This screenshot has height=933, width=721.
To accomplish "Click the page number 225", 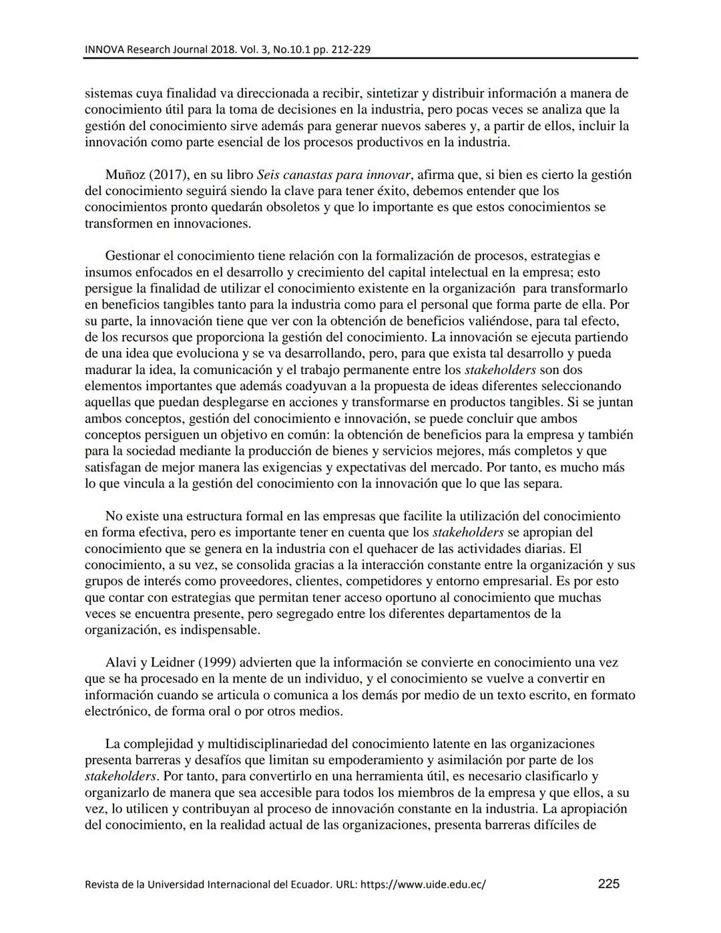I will [x=608, y=884].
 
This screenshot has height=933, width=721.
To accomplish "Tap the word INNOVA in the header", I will [x=104, y=49].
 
